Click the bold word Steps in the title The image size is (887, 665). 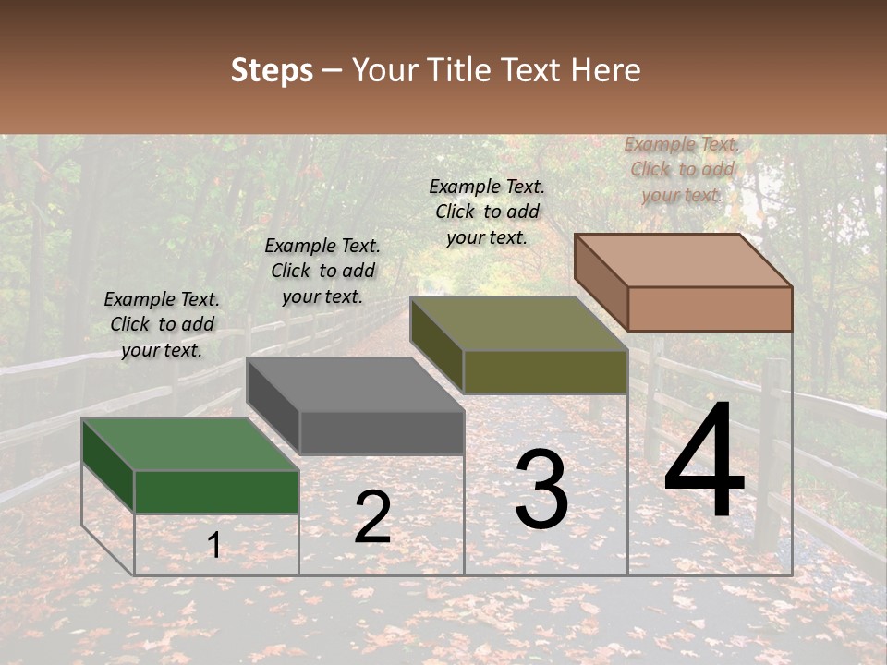click(272, 70)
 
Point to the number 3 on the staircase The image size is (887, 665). click(541, 490)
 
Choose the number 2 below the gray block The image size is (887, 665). click(372, 517)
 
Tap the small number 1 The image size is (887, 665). click(214, 545)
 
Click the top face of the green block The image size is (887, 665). click(189, 443)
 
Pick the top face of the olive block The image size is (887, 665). click(518, 323)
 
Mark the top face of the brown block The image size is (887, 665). click(683, 260)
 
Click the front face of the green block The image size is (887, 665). click(216, 491)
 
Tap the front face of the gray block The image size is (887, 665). click(381, 432)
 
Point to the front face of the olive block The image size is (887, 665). click(545, 371)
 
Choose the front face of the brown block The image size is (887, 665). click(710, 308)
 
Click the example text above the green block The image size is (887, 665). click(162, 324)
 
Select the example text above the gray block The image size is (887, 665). click(322, 271)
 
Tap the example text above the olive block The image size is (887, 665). click(487, 212)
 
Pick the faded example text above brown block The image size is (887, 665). click(682, 169)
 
